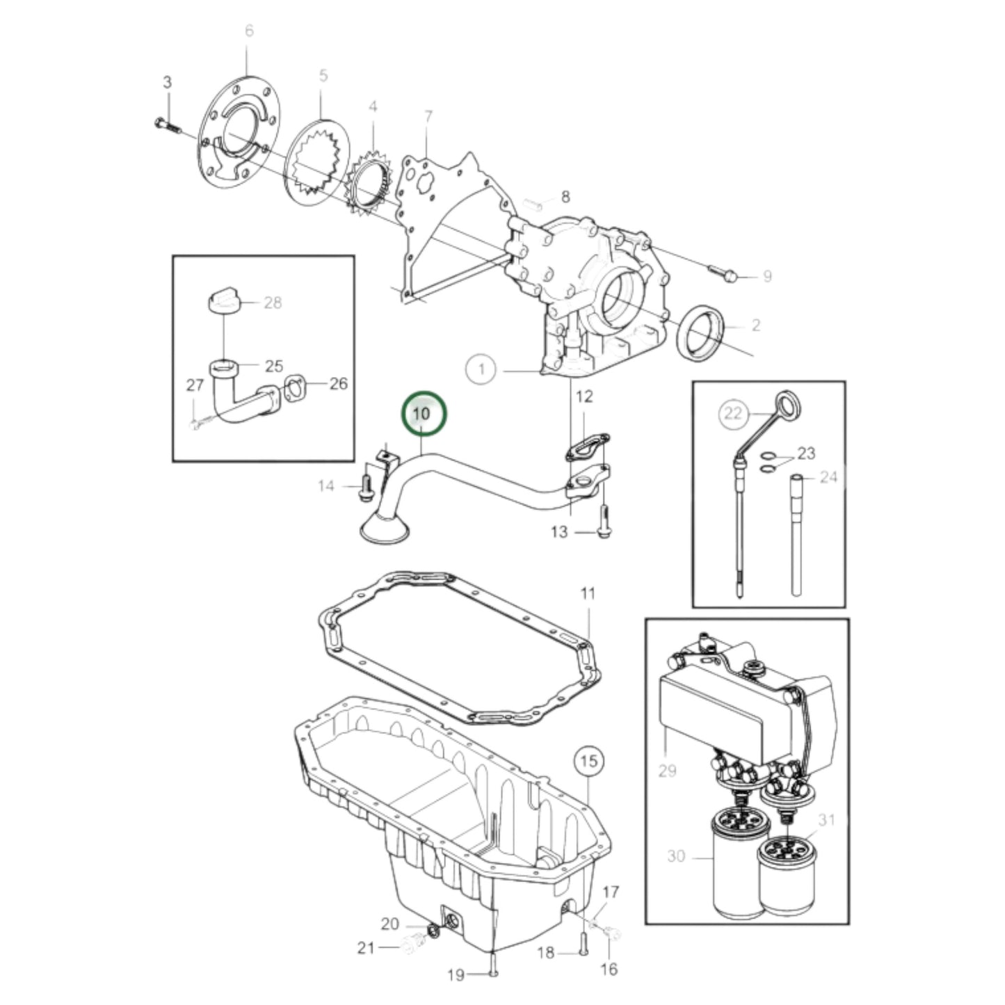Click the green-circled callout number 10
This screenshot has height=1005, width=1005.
coord(422,413)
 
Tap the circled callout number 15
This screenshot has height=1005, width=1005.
coord(588,761)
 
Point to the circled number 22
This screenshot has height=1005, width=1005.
coord(733,414)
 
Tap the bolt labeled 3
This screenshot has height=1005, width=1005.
coord(166,126)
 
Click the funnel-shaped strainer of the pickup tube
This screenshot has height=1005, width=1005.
coord(383,529)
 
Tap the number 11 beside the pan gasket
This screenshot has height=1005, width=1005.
coord(588,594)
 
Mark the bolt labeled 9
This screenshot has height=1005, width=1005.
coord(723,273)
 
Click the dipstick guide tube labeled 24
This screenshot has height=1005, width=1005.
coord(798,536)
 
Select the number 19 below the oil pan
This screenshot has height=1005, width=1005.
coord(456,975)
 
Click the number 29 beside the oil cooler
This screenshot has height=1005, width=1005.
coord(666,771)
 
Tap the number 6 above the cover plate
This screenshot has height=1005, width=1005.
coord(249,31)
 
